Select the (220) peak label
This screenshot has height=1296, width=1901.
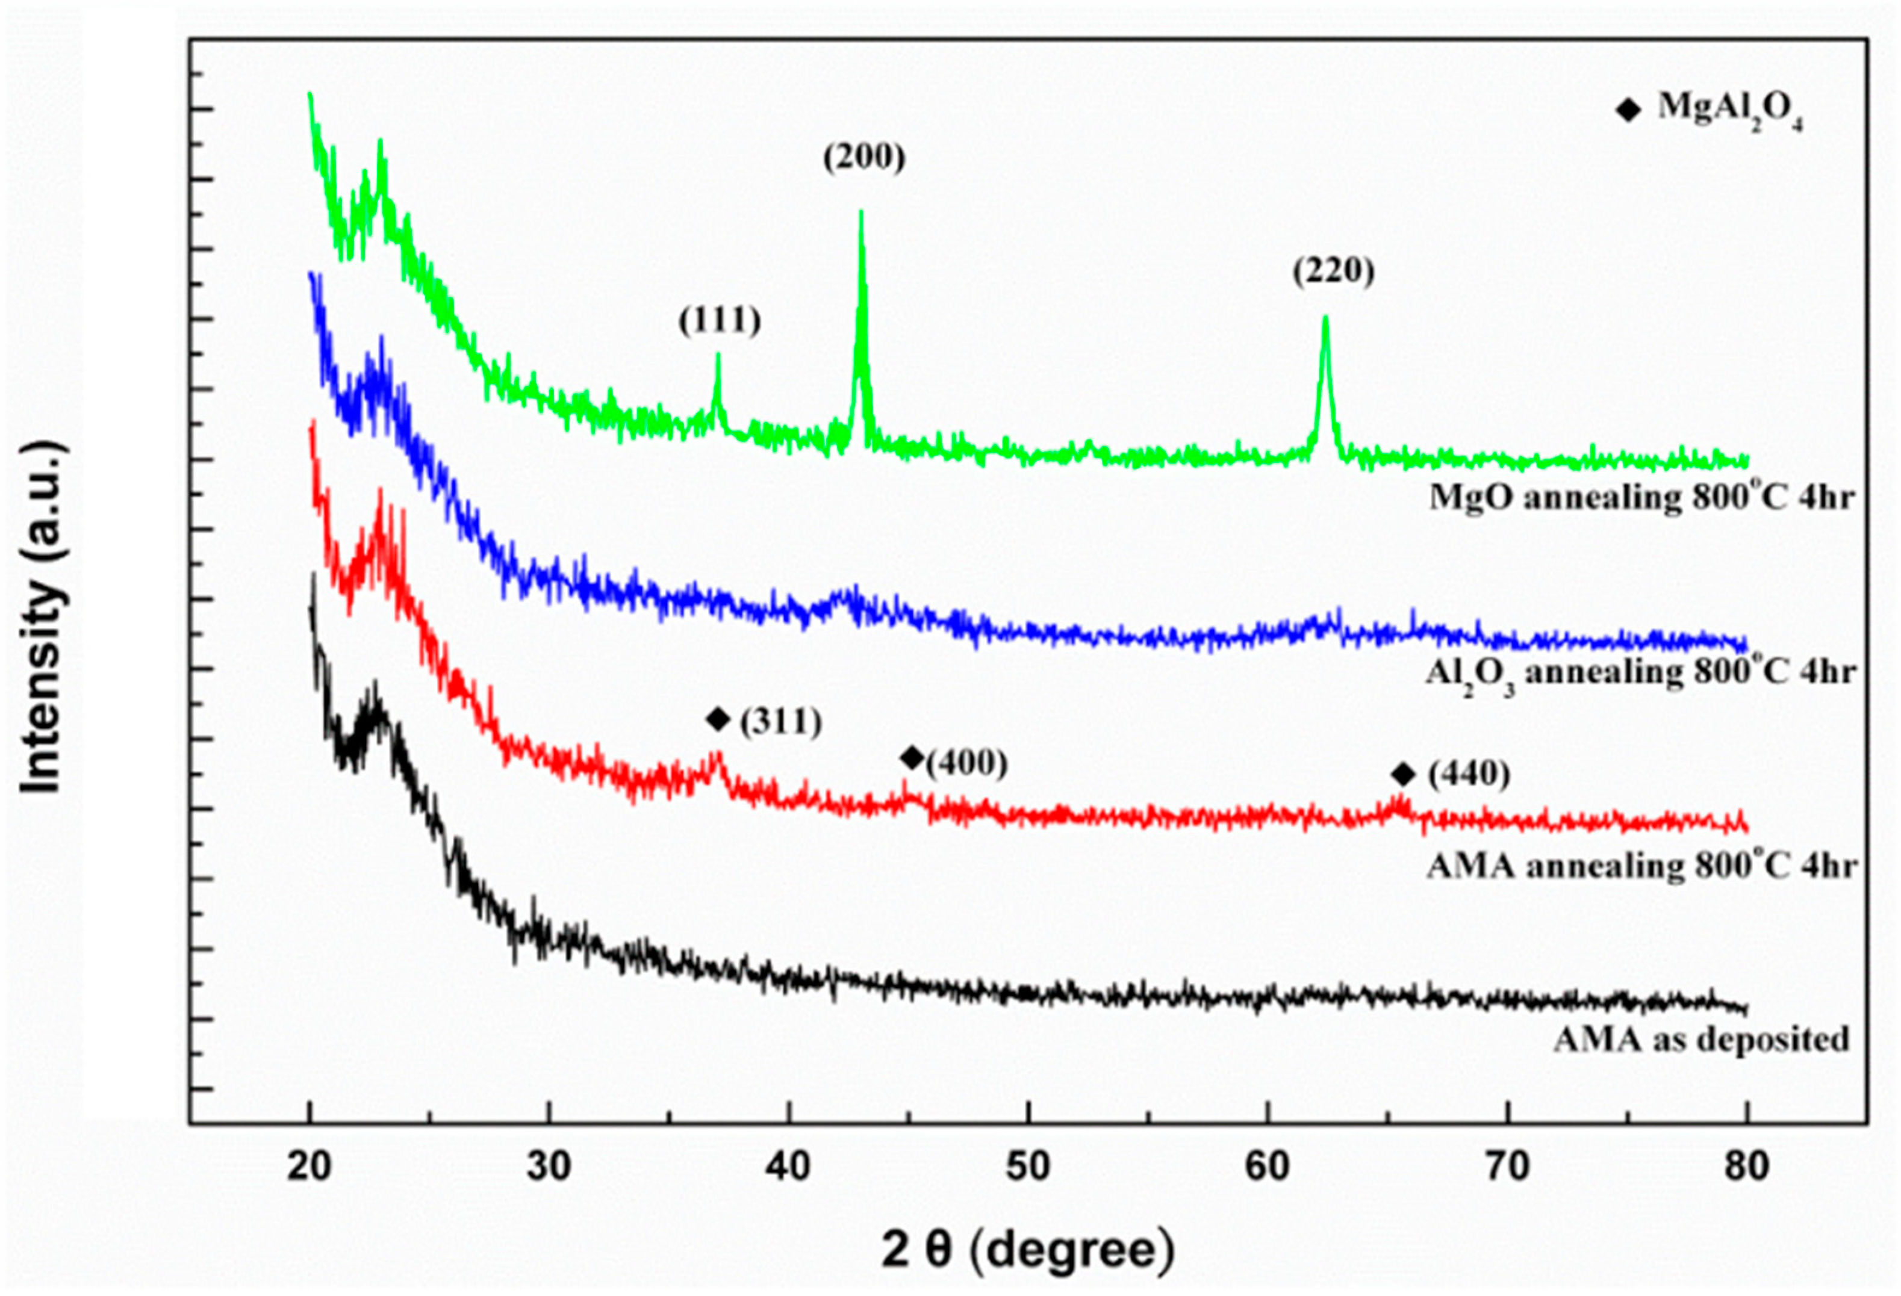pos(1333,271)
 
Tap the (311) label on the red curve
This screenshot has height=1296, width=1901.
pos(780,721)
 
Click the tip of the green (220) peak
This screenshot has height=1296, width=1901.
pos(1325,318)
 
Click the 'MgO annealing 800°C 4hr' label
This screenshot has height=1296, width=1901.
pos(1641,497)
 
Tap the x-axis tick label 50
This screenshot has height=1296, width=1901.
pos(1028,1168)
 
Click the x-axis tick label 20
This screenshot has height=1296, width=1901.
pos(309,1168)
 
